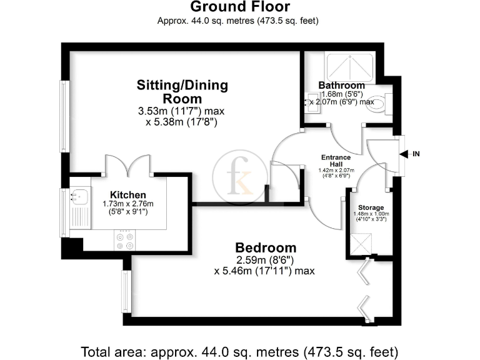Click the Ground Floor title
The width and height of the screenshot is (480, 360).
(x=240, y=7)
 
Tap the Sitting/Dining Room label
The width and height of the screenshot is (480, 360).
(x=182, y=91)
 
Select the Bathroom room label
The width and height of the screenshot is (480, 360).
(x=341, y=85)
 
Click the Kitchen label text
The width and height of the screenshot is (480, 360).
(x=128, y=195)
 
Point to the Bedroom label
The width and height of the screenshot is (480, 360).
(x=266, y=247)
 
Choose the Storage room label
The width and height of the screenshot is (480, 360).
(x=371, y=207)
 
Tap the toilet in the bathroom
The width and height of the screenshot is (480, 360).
(x=377, y=106)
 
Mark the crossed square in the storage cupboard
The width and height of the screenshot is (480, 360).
(x=362, y=243)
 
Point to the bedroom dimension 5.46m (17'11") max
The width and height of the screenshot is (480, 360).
(x=264, y=271)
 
